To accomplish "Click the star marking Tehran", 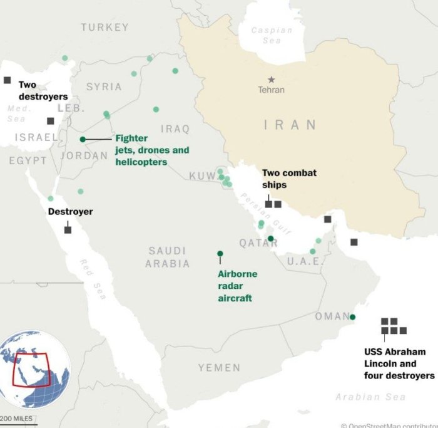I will (271, 80).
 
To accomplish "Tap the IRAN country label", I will (290, 125).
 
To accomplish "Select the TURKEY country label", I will (104, 28).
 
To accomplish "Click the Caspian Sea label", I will (272, 35).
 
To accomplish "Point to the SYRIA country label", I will (104, 86).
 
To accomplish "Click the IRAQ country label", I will (175, 128).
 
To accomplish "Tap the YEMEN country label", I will (219, 367).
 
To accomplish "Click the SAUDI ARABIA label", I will (167, 257).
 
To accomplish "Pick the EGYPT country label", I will (28, 161).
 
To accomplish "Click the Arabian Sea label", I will (370, 397).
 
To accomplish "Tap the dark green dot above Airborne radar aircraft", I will (220, 254).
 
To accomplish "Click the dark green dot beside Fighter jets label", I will (83, 139).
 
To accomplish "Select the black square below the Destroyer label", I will (68, 230).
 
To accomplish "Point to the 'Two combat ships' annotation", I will (288, 179).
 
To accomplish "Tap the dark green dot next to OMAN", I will (352, 317).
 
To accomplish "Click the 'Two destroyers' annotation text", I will (42, 91).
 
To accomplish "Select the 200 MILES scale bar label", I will (18, 419).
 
